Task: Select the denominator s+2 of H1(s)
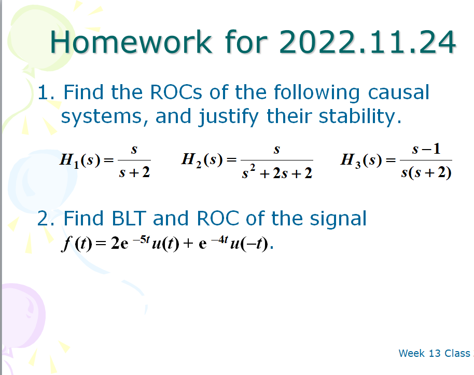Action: coord(134,172)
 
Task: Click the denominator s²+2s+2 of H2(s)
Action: coord(277,173)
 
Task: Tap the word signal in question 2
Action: coord(338,219)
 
